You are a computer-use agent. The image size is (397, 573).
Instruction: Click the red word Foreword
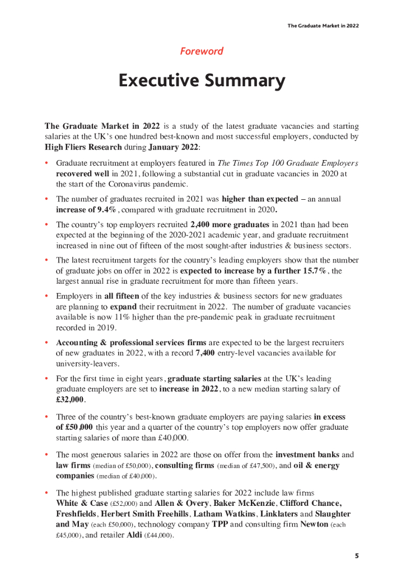pos(202,51)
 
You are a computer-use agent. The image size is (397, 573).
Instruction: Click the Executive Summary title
pos(202,81)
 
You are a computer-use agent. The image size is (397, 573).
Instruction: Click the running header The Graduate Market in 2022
pos(323,26)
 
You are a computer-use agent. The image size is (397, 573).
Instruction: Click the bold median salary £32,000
pos(70,400)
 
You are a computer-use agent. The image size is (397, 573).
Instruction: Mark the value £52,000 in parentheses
pos(123,504)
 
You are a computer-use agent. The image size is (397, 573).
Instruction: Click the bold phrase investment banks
pos(307,455)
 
